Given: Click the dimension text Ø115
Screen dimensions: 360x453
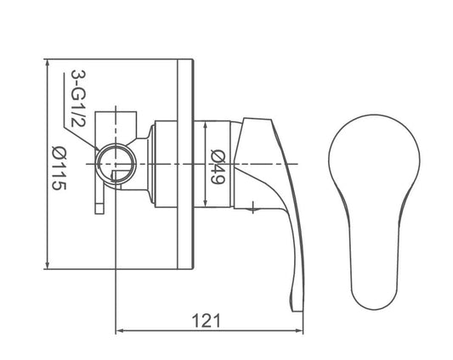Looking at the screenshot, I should click(x=59, y=167).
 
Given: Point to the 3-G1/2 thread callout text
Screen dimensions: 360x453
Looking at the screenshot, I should click(x=78, y=98).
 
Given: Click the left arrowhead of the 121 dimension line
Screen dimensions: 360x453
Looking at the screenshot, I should click(x=119, y=330).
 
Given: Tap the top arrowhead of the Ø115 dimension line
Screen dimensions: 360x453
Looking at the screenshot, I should click(x=48, y=64).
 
